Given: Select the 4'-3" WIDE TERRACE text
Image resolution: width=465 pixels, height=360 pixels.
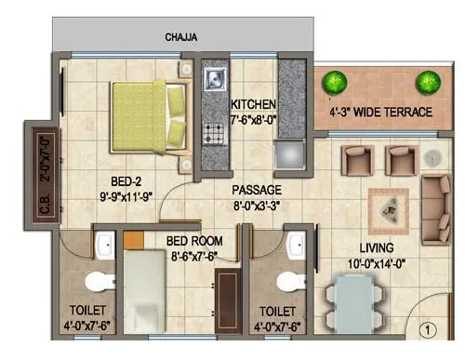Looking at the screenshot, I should [381, 113].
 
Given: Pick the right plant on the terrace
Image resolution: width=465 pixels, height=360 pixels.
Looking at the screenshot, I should [427, 82].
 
